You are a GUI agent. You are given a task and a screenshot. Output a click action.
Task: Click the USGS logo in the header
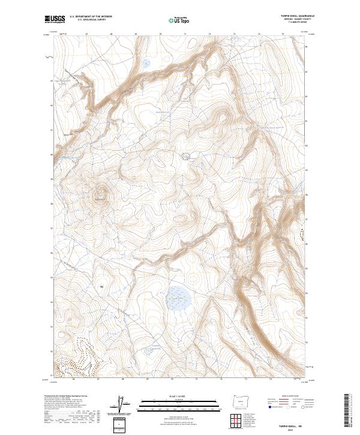(55, 20)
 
